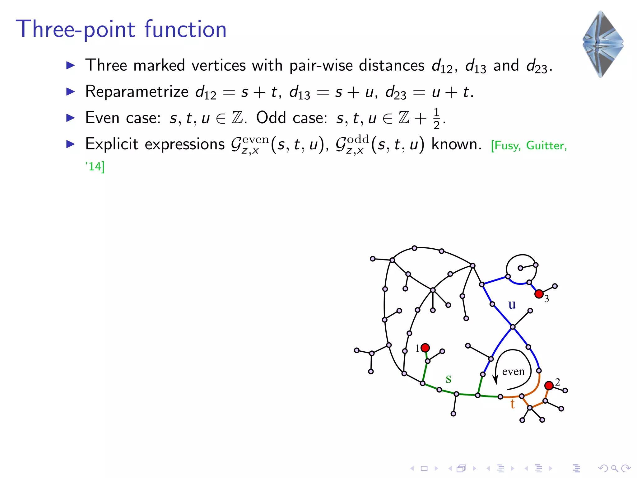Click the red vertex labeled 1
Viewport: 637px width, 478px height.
click(x=425, y=348)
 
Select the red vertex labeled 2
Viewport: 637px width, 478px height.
click(x=549, y=386)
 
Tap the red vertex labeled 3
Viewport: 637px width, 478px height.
click(x=539, y=294)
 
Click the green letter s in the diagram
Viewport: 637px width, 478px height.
click(x=448, y=379)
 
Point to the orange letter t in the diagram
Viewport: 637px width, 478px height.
click(x=512, y=404)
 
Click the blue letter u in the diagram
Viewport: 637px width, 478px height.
click(x=512, y=304)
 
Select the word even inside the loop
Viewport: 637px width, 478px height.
click(x=513, y=372)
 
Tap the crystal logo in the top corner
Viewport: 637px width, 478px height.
click(x=602, y=44)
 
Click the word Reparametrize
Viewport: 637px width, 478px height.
click(x=137, y=92)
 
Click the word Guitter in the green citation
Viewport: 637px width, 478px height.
click(x=546, y=146)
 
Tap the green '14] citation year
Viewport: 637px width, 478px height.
click(x=95, y=166)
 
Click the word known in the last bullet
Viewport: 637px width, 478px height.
click(x=456, y=144)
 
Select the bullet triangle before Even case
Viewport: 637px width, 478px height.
click(x=71, y=118)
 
